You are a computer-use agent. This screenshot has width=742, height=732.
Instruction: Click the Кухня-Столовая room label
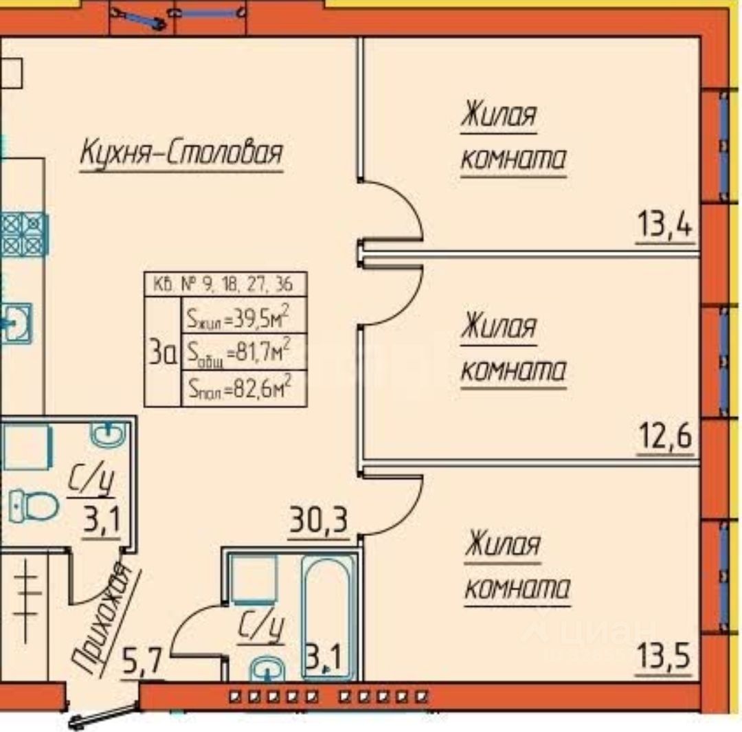(x=181, y=153)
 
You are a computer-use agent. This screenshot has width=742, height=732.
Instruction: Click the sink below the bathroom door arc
(x=265, y=669)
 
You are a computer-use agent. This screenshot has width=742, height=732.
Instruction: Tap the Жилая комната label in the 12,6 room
(x=513, y=348)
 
